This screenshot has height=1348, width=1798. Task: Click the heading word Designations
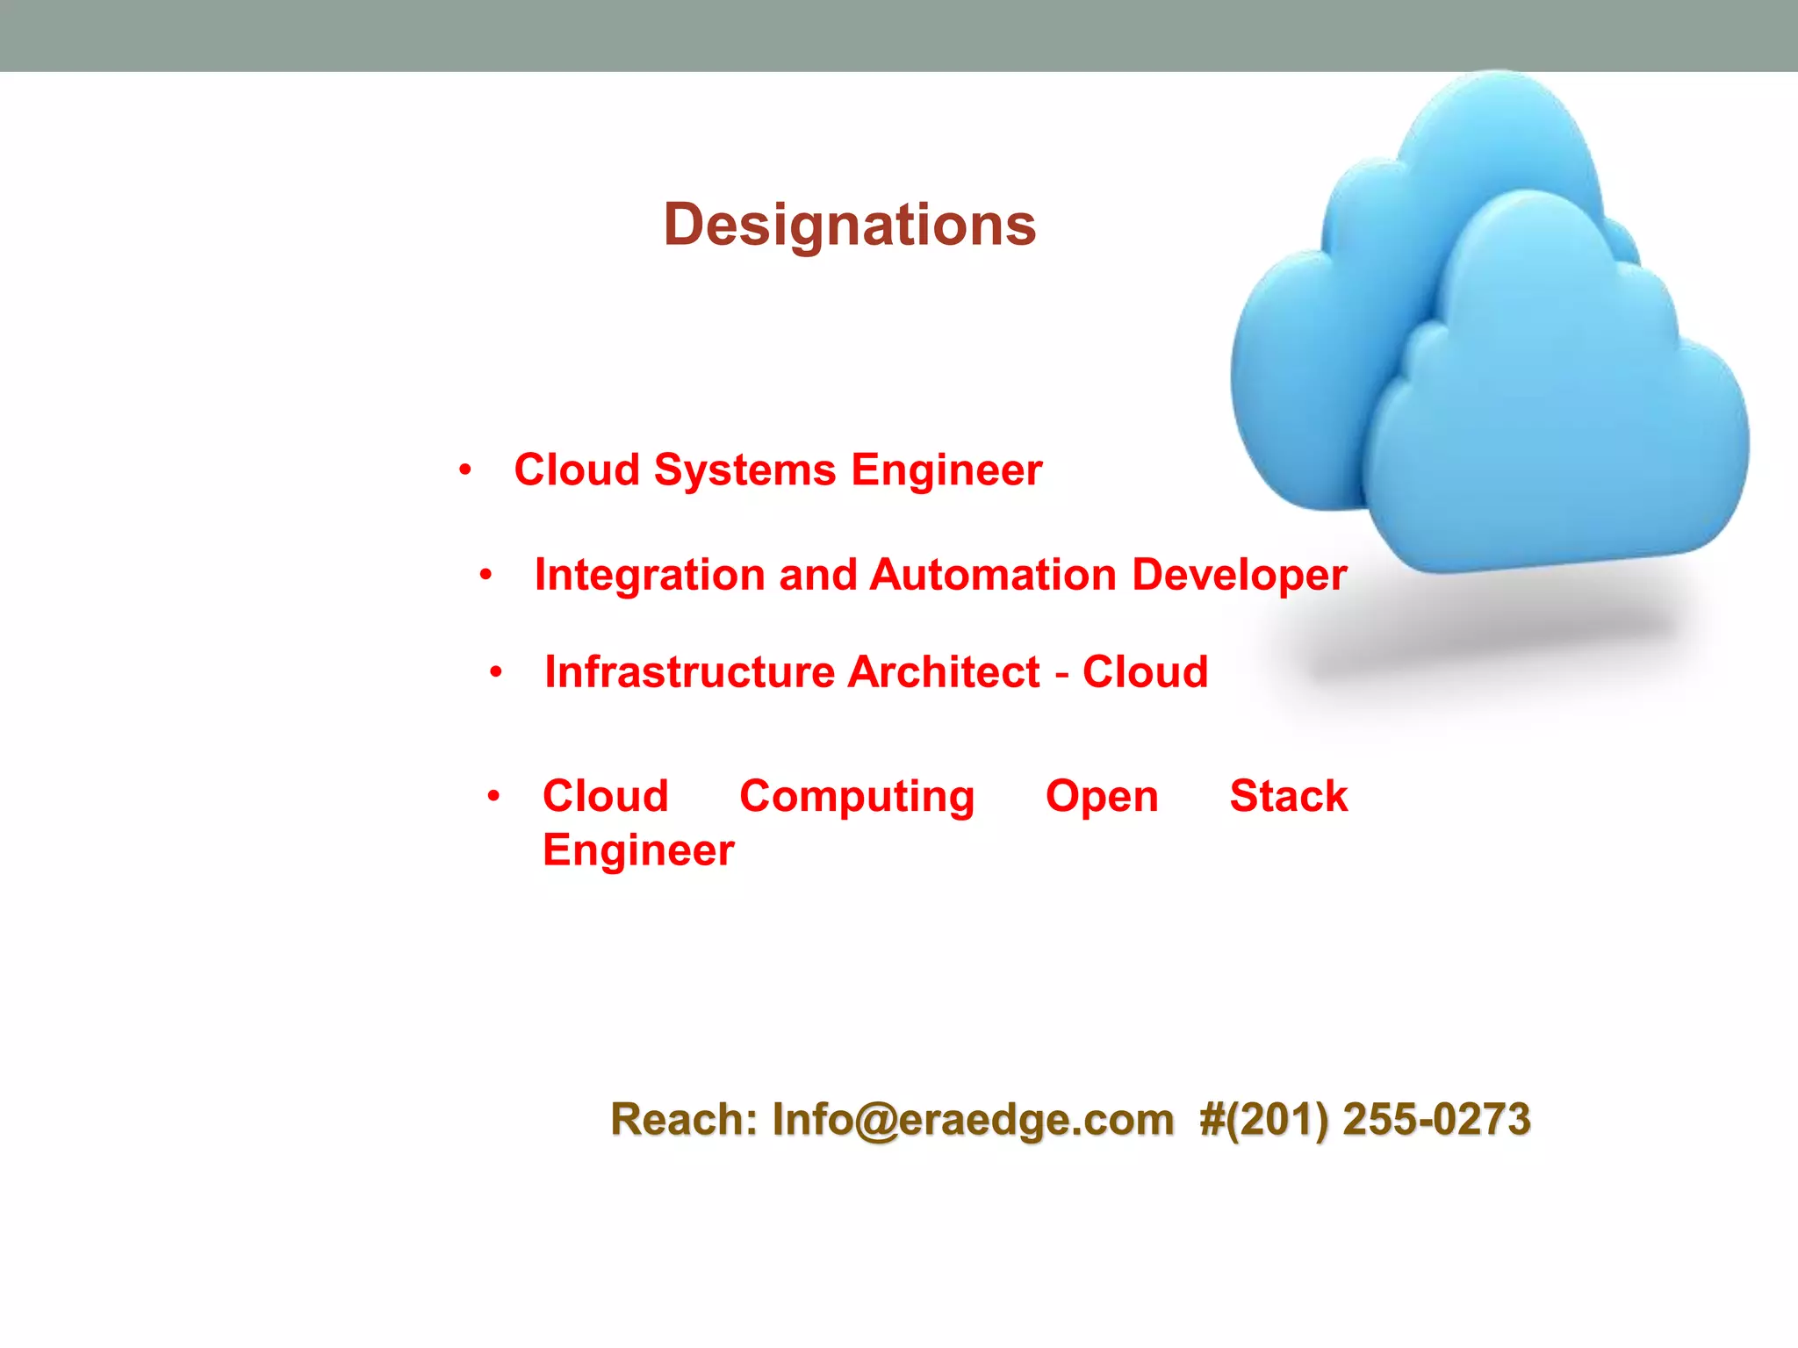click(x=849, y=226)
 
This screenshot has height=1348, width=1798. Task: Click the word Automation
click(x=993, y=576)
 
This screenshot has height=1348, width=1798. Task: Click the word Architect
click(x=944, y=672)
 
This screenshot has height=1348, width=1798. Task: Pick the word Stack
click(x=1288, y=797)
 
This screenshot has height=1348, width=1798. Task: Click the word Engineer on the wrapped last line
click(x=638, y=851)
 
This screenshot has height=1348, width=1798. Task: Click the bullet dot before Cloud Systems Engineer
click(x=465, y=470)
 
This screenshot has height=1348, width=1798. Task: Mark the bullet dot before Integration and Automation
click(x=485, y=576)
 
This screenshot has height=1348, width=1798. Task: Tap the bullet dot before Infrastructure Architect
click(x=496, y=673)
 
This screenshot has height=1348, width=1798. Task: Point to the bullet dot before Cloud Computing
click(x=493, y=797)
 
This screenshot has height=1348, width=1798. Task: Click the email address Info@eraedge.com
click(x=973, y=1121)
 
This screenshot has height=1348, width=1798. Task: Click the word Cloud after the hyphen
click(x=1145, y=672)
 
